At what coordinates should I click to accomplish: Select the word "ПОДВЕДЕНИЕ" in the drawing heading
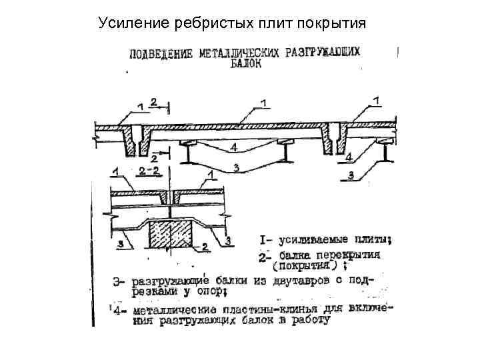coord(162,53)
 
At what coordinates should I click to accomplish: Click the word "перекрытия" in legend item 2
coord(354,255)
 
